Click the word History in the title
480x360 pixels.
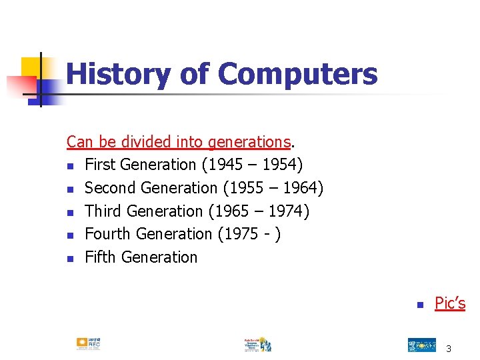click(117, 74)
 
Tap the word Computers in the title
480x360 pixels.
click(297, 74)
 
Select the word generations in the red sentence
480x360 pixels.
click(249, 142)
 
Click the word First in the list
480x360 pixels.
click(100, 165)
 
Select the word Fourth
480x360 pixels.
click(108, 234)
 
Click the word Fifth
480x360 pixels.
click(100, 257)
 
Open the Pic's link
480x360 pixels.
click(450, 303)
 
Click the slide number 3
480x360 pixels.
click(449, 349)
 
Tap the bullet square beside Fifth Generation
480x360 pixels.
click(70, 259)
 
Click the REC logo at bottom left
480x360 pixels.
click(88, 343)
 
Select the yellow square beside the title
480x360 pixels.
click(31, 67)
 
